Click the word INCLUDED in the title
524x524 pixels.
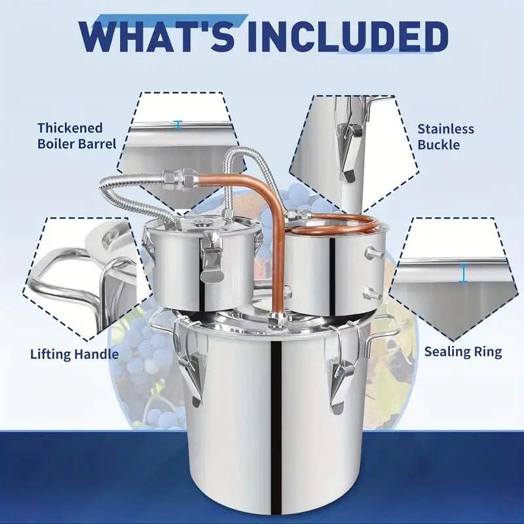(x=348, y=36)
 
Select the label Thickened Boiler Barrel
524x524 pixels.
(x=77, y=136)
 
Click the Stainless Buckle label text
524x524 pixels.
(x=445, y=137)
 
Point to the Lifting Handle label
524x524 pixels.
(x=74, y=354)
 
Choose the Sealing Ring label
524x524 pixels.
(x=463, y=352)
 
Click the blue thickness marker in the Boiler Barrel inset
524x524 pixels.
(x=178, y=124)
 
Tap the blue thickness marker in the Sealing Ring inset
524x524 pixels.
(x=463, y=272)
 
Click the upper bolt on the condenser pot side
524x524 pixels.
(x=373, y=252)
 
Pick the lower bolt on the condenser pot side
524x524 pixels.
(x=372, y=293)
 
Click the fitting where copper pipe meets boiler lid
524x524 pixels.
(x=277, y=318)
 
